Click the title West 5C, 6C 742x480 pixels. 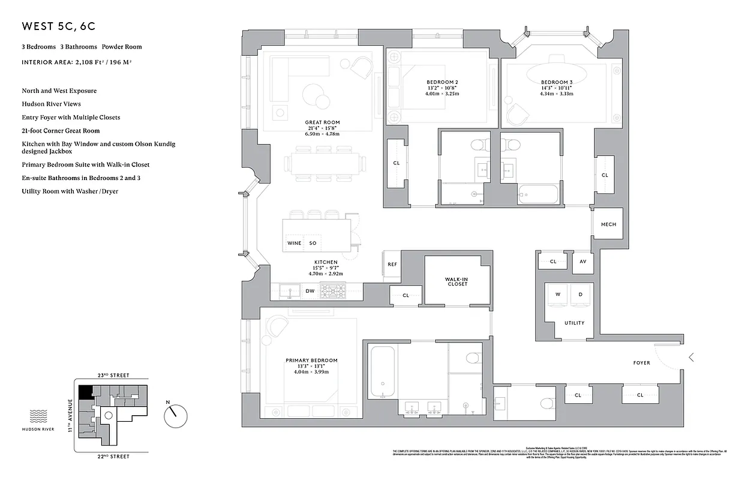58,26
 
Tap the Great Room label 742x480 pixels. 323,122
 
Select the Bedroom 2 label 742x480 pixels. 442,82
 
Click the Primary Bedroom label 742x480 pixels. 311,361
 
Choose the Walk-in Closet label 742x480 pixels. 456,281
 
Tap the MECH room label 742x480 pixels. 608,224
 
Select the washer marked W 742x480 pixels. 557,295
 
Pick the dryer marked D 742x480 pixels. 580,295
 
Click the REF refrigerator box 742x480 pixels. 392,265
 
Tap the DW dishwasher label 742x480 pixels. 310,291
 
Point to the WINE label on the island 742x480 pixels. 294,243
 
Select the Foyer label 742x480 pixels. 641,363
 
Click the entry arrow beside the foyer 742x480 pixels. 691,358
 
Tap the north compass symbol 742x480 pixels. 176,413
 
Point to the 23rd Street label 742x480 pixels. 108,375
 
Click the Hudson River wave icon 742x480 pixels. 38,414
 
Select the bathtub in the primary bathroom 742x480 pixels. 381,371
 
